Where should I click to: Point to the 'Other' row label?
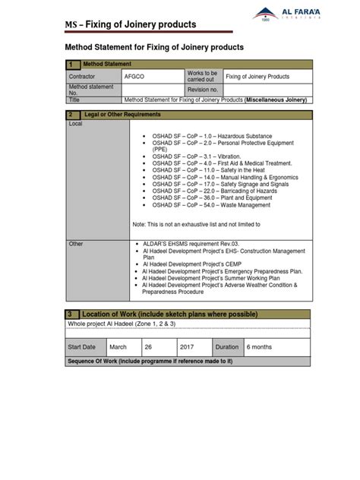(76, 244)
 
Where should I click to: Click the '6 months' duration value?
(260, 346)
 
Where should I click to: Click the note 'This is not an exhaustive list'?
(196, 225)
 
